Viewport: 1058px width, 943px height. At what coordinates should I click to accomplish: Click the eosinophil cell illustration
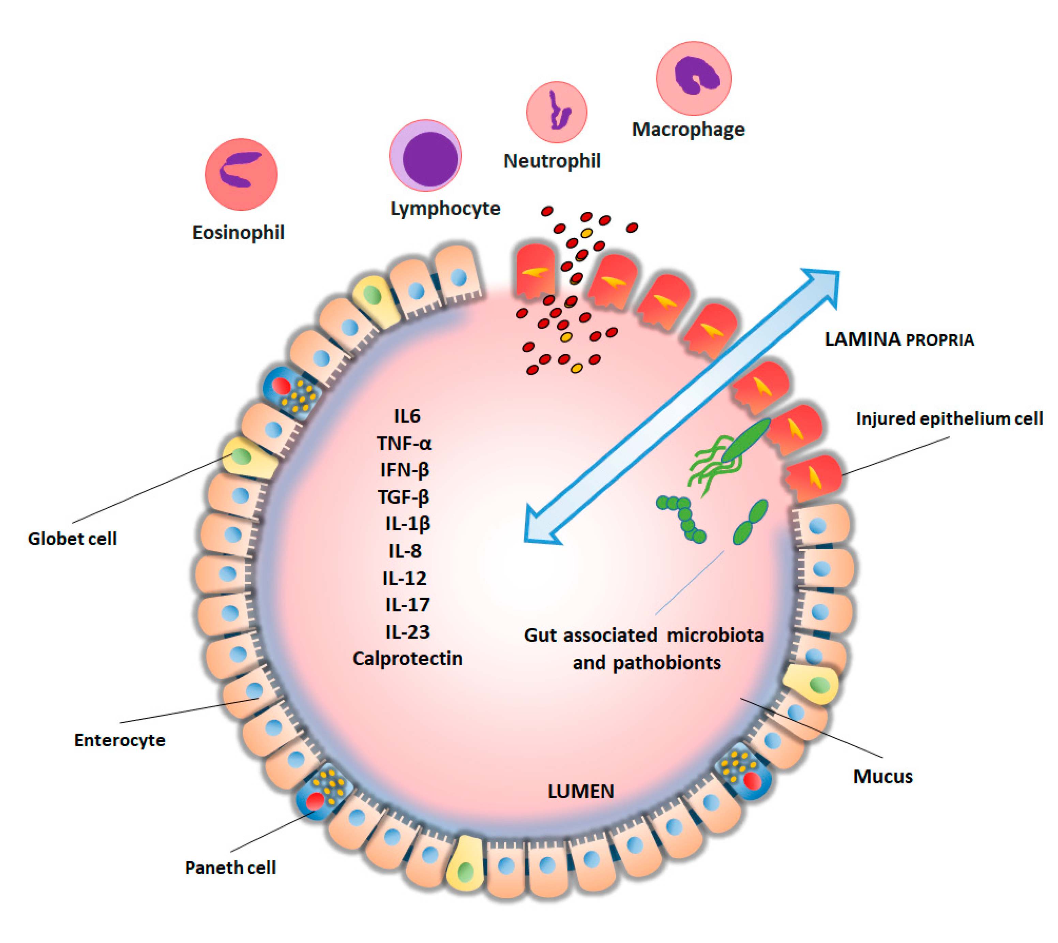(241, 174)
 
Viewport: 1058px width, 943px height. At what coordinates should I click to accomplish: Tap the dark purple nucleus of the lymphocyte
(430, 158)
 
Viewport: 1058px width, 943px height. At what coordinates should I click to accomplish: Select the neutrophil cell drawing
(557, 112)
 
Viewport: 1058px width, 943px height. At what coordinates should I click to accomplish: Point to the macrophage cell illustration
(693, 78)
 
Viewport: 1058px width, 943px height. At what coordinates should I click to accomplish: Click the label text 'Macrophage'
(688, 129)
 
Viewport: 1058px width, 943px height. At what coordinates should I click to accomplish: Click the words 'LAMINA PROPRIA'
(899, 339)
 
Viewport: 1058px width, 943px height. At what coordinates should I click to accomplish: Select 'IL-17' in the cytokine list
(407, 605)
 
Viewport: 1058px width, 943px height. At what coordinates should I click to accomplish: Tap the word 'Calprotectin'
(407, 659)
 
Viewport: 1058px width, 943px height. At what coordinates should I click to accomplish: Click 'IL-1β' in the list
(408, 524)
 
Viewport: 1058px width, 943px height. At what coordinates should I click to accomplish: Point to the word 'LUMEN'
(581, 791)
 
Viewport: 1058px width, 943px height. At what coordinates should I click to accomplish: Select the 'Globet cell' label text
(72, 539)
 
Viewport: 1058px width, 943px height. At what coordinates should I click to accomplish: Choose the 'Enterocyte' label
(120, 740)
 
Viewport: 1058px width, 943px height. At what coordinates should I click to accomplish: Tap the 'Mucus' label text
(883, 776)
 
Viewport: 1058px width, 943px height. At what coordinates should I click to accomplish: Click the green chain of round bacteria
(683, 518)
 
